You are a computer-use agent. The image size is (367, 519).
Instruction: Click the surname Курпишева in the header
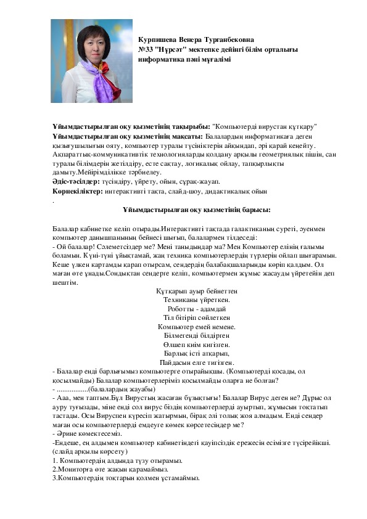(x=160, y=39)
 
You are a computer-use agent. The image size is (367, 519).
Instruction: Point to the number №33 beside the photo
(x=148, y=49)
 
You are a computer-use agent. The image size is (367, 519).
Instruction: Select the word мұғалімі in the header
(x=213, y=59)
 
